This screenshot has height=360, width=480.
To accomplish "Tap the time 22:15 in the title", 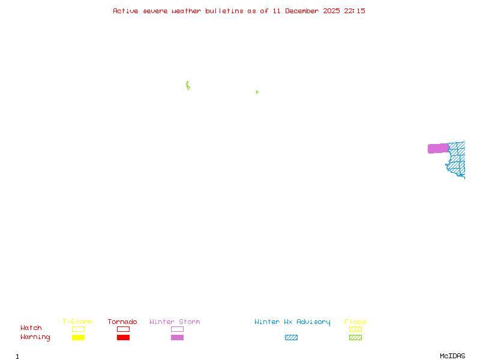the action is coord(355,11).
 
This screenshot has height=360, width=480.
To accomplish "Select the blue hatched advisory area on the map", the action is coord(457,161).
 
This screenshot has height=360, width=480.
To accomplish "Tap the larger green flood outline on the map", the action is coord(188,86).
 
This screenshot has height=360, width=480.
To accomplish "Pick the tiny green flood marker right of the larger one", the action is coord(257,92).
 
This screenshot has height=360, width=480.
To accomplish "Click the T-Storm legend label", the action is coord(77,322).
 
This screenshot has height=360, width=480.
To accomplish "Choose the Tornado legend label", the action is coord(122,322).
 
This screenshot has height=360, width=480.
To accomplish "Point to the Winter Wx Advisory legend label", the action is coord(292,322).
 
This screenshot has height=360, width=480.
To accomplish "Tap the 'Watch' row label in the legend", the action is coord(31,328).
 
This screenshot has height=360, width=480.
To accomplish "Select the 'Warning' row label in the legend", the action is coord(35,337).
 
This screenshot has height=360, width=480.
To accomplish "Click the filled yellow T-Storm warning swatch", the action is coord(78,338).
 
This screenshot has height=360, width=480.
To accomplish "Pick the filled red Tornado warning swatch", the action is coord(123,338).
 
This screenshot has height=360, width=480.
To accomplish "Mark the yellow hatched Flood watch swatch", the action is coord(355,329).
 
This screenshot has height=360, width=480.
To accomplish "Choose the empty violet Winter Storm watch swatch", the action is coord(177,329).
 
